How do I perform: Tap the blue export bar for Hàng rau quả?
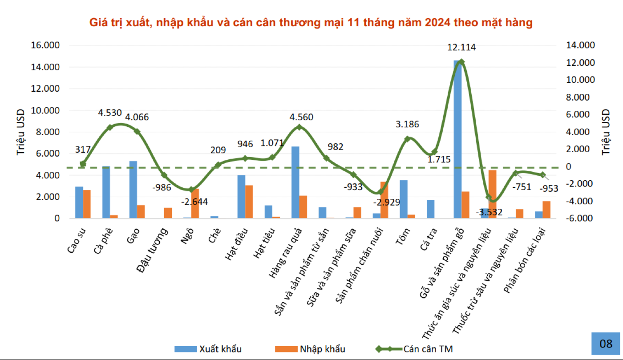pyautogui.click(x=295, y=182)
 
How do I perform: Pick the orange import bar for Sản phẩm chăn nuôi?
pyautogui.click(x=384, y=200)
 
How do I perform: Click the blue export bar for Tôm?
pyautogui.click(x=404, y=199)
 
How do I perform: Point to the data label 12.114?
pyautogui.click(x=461, y=48)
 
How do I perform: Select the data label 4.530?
pyautogui.click(x=110, y=113)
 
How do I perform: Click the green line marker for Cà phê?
pyautogui.click(x=110, y=127)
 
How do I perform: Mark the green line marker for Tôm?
pyautogui.click(x=407, y=139)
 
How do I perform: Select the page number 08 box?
pyautogui.click(x=606, y=343)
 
